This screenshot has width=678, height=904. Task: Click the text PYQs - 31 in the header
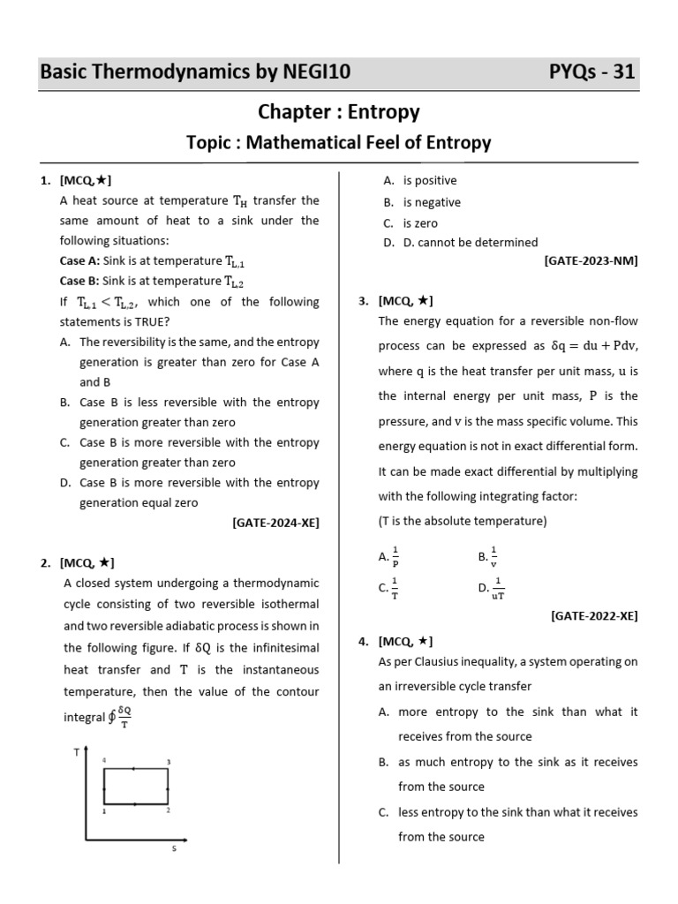(591, 72)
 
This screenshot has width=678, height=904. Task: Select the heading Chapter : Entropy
(339, 112)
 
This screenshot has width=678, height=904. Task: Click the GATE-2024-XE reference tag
(275, 523)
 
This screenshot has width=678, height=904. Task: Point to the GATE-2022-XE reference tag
(593, 615)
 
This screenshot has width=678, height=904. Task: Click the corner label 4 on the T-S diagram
(103, 761)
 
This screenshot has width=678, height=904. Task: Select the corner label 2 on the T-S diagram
(168, 810)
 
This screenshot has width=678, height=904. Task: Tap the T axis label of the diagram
(77, 752)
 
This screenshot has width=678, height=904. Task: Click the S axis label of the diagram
(174, 849)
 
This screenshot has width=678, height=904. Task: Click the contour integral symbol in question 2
(112, 718)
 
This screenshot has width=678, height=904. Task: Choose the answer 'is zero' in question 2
(420, 223)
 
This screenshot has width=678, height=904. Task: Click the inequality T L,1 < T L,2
(108, 302)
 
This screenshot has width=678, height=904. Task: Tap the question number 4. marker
(364, 642)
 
